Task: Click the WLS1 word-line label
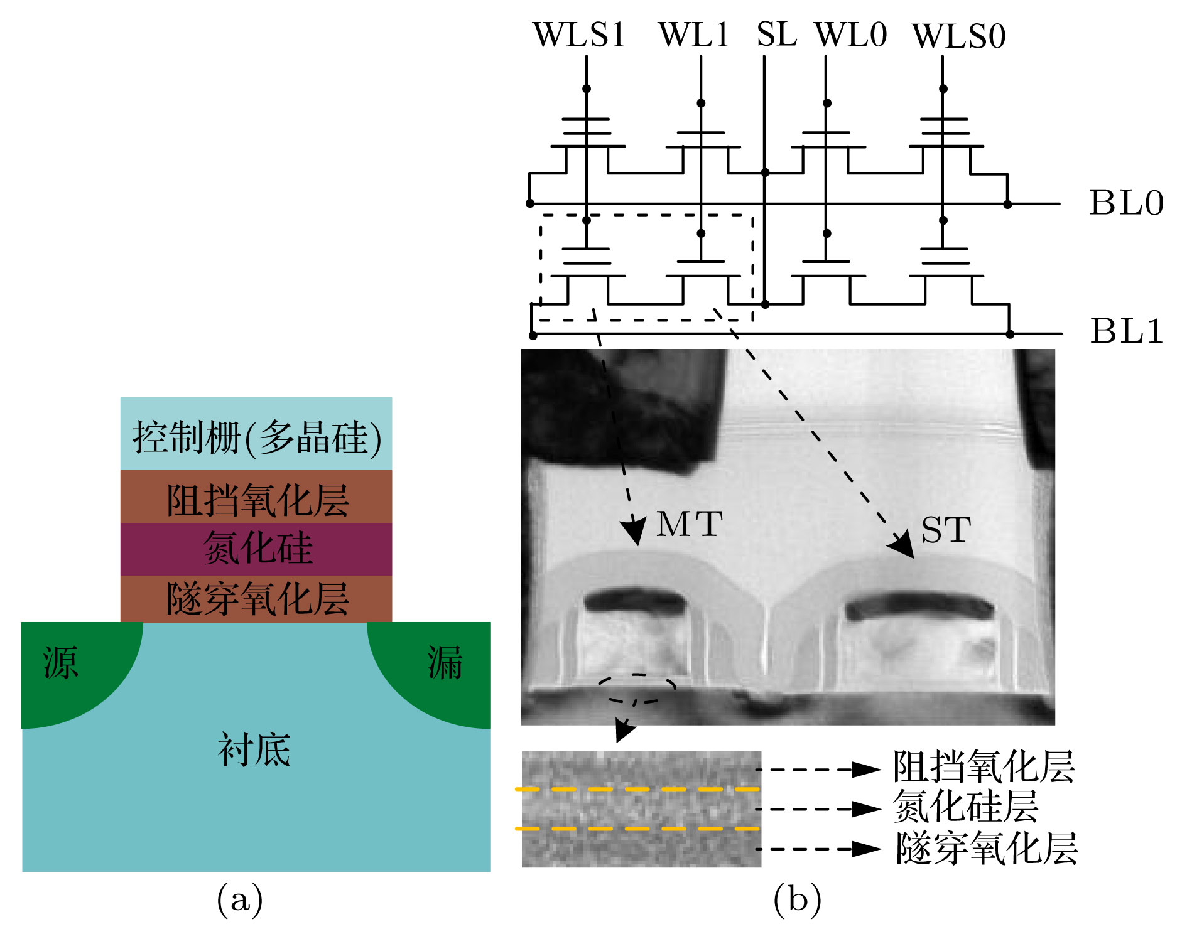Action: tap(578, 35)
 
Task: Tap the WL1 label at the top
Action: tap(693, 35)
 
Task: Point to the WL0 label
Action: tap(850, 35)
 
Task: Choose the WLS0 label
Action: tap(958, 36)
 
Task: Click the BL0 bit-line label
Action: tap(1126, 203)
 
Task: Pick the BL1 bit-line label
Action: tap(1126, 331)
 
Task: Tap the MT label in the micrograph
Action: tap(689, 525)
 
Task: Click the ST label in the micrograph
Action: tap(946, 531)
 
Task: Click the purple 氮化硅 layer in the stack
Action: tap(256, 549)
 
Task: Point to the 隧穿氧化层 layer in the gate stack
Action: tap(256, 599)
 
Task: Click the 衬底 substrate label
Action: tap(254, 749)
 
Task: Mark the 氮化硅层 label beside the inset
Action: tap(965, 807)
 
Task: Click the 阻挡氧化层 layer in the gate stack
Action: tap(256, 498)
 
